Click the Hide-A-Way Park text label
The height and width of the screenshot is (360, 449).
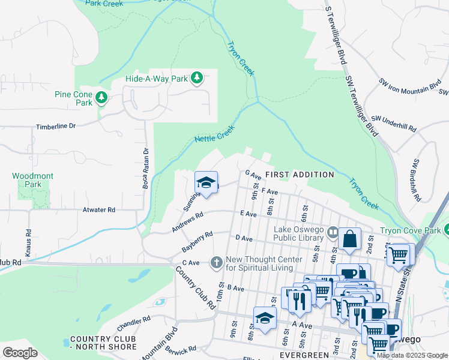(157, 79)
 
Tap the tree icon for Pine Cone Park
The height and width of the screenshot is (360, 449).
(101, 97)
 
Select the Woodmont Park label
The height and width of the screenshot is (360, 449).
(32, 180)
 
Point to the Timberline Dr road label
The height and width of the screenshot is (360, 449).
(56, 127)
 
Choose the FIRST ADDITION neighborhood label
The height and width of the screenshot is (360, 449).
(300, 175)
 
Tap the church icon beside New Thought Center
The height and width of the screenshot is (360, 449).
(216, 262)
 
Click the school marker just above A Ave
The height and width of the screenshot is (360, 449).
(265, 319)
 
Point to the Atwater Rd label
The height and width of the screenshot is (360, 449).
(98, 210)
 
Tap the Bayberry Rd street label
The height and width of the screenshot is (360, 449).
(197, 241)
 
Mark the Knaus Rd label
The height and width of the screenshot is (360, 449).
(28, 240)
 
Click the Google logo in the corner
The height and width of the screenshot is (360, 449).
(20, 352)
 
